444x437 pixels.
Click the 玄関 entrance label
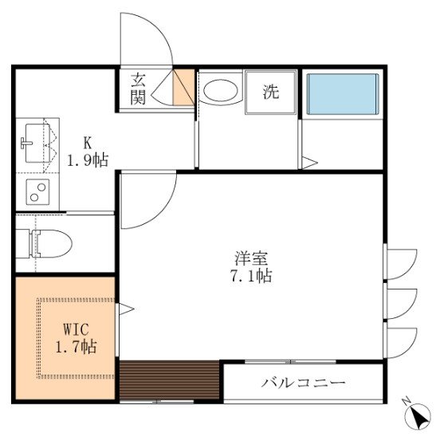click(139, 89)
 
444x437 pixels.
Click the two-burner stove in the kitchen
click(38, 191)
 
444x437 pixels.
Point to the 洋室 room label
click(251, 258)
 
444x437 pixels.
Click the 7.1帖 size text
click(251, 277)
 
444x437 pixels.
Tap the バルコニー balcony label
click(303, 384)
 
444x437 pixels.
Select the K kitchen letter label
click(88, 144)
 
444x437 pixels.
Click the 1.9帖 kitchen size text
click(88, 160)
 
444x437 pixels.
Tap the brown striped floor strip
click(169, 380)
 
